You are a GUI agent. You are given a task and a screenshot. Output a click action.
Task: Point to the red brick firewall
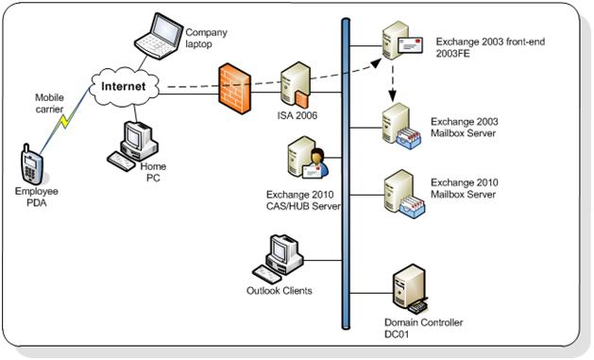point(235,86)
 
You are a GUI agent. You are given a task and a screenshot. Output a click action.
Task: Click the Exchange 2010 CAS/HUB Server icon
point(305,160)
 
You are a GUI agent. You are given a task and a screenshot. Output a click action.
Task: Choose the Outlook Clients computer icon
point(281,255)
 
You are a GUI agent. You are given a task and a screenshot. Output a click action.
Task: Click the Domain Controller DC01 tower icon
point(411,289)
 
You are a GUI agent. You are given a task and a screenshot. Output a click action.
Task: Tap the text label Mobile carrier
point(48,102)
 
